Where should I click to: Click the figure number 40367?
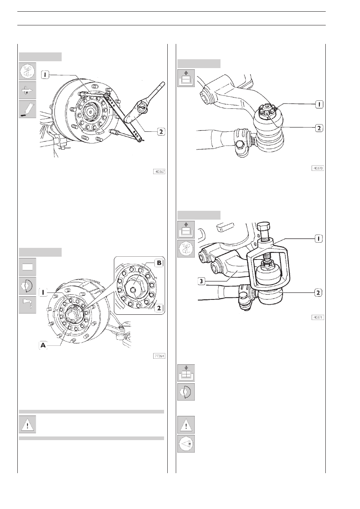pyautogui.click(x=159, y=172)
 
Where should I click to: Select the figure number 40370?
pyautogui.click(x=318, y=168)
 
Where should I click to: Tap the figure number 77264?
pyautogui.click(x=159, y=356)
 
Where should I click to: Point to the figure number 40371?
pyautogui.click(x=318, y=317)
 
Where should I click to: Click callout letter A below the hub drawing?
pyautogui.click(x=43, y=346)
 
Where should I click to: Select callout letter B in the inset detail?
pyautogui.click(x=159, y=263)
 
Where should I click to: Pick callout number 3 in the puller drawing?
pyautogui.click(x=201, y=282)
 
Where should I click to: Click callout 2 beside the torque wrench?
pyautogui.click(x=161, y=131)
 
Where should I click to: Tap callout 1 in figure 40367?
pyautogui.click(x=45, y=75)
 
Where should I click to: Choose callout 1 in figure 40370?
pyautogui.click(x=319, y=104)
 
